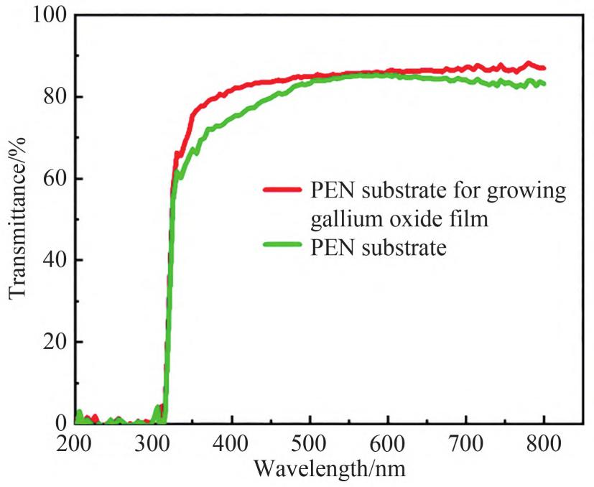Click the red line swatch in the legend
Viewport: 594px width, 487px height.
tap(283, 190)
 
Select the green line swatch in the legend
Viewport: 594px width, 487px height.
tap(283, 249)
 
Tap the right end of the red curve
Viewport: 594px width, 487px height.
tap(544, 68)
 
